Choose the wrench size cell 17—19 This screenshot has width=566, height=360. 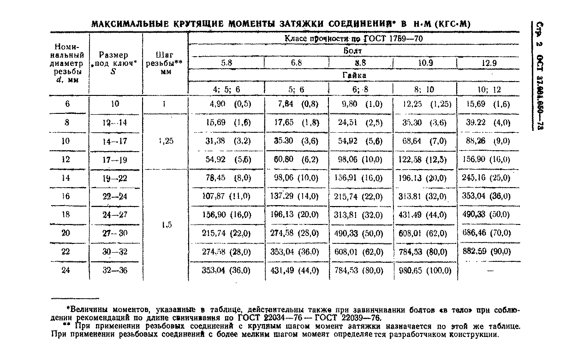(x=115, y=159)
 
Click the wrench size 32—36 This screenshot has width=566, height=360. (x=115, y=271)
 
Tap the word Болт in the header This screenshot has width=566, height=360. (x=353, y=51)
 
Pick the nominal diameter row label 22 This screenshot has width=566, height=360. (x=66, y=252)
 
